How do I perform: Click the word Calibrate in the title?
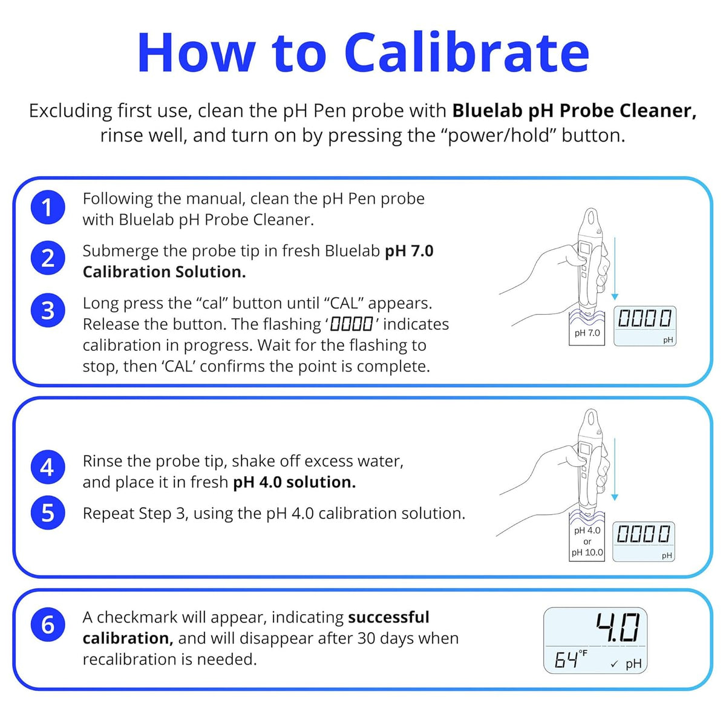click(467, 53)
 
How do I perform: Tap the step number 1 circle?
click(48, 208)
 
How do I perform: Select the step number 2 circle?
click(48, 258)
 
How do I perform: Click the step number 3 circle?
click(48, 310)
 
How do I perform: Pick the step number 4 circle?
click(48, 467)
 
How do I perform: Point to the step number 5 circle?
click(48, 512)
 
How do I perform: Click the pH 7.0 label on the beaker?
click(587, 333)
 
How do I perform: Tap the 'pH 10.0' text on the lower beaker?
click(587, 552)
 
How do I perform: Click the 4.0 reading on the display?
click(618, 627)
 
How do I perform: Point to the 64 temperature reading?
click(566, 659)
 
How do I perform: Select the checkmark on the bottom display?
click(614, 664)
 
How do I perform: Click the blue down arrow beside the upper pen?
click(615, 268)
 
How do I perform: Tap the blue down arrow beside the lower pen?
click(615, 469)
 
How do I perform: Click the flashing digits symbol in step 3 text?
click(351, 324)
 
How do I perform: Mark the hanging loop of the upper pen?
click(591, 220)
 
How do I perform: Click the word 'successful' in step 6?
click(388, 618)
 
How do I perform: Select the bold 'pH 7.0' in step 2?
click(409, 251)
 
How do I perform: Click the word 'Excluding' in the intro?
click(70, 111)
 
